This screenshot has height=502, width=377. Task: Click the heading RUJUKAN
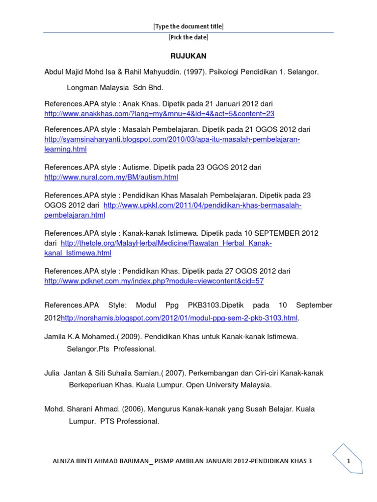(188, 56)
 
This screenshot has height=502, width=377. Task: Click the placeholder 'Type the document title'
(188, 26)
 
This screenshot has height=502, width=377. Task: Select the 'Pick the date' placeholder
(188, 38)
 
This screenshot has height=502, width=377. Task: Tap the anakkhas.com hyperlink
(159, 114)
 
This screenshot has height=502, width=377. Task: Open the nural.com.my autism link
(111, 177)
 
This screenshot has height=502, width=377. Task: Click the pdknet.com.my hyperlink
(154, 281)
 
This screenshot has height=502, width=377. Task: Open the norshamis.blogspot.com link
(179, 318)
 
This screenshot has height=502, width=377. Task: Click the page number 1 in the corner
(348, 461)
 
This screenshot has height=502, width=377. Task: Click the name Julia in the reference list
(52, 373)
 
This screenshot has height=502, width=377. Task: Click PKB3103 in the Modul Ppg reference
(205, 305)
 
